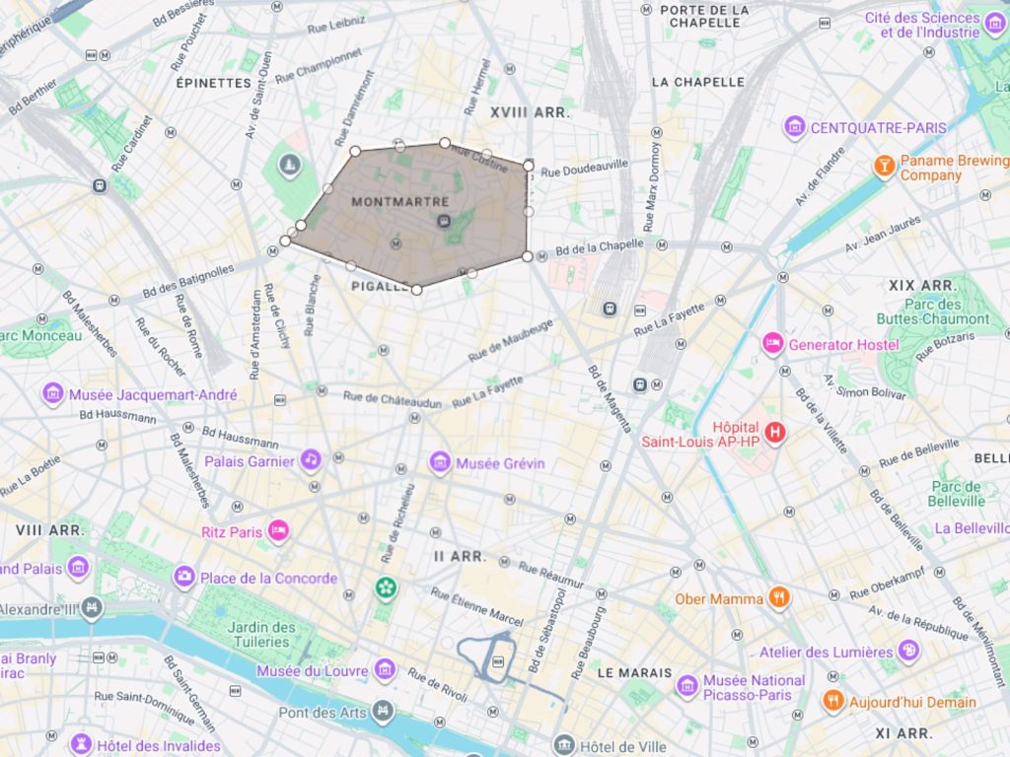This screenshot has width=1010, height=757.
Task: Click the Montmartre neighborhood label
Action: click(x=393, y=201)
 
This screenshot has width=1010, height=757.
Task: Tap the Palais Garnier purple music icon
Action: click(x=311, y=460)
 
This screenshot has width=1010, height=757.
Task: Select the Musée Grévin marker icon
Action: click(x=440, y=462)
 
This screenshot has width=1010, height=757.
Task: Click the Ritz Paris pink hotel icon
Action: click(x=279, y=531)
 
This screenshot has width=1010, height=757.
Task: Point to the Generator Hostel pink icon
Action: click(x=772, y=344)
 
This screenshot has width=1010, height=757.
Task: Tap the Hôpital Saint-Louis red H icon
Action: click(x=775, y=433)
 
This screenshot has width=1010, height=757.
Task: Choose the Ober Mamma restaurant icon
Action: click(x=779, y=597)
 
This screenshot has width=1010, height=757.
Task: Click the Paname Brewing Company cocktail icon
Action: click(x=884, y=166)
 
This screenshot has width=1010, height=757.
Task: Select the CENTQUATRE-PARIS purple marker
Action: click(x=794, y=127)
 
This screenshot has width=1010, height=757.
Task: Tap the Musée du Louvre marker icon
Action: click(x=385, y=670)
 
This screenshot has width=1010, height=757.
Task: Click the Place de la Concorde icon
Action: click(x=184, y=578)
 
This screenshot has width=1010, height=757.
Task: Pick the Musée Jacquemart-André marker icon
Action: click(x=53, y=394)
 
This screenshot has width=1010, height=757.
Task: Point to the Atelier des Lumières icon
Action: click(x=908, y=651)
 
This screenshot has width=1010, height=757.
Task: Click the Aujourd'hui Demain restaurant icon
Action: click(x=833, y=701)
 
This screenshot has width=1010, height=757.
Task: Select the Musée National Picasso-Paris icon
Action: click(x=687, y=686)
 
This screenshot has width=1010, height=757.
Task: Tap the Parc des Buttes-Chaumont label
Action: click(x=932, y=310)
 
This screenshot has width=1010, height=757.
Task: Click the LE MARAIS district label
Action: click(x=634, y=673)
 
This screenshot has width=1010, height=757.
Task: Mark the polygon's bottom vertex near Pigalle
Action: click(x=416, y=290)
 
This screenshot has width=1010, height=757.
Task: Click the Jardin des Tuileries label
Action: click(x=261, y=634)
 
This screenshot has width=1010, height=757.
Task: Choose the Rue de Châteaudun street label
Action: click(x=392, y=400)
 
